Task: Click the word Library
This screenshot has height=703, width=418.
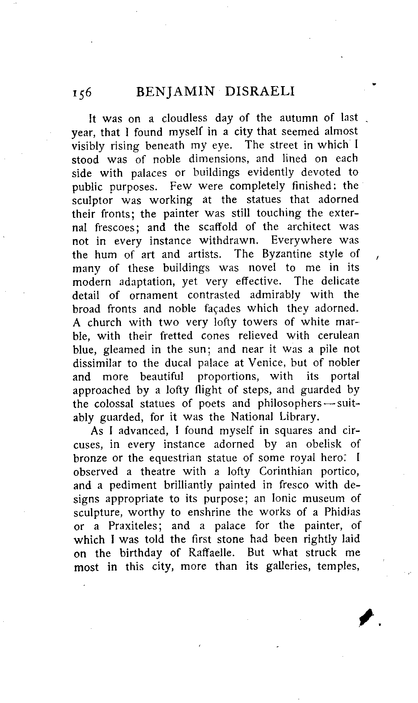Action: click(299, 417)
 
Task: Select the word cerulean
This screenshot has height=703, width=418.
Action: click(338, 336)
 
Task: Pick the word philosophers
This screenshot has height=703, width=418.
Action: click(289, 404)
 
